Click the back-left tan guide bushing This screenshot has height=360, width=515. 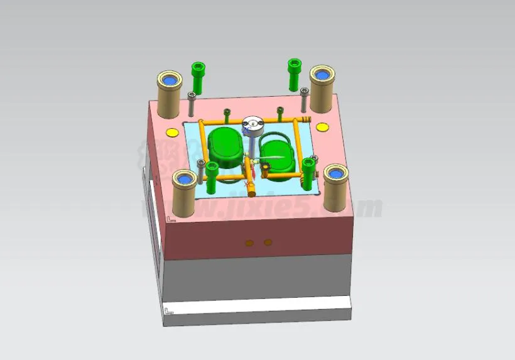point(169,95)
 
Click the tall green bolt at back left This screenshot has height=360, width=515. point(198,76)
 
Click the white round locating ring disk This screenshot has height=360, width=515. point(254,126)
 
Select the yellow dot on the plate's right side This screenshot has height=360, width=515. point(322,128)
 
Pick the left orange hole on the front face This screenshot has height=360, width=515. point(249,242)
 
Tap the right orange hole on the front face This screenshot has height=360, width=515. point(268,241)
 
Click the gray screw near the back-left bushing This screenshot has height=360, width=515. point(192,103)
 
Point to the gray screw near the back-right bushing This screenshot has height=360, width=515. point(305,99)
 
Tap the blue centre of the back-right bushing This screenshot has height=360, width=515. point(322,75)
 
